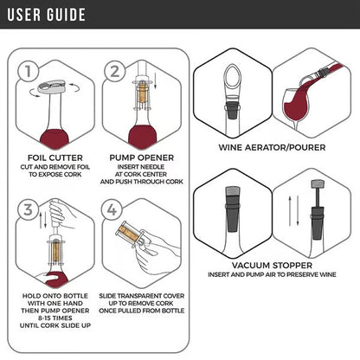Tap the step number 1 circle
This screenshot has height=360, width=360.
tap(31, 71)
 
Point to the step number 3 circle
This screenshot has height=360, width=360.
tap(29, 209)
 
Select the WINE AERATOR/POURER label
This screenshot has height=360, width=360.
tap(273, 147)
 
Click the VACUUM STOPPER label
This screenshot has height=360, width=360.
tap(273, 266)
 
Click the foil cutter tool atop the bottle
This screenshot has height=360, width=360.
tap(49, 89)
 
